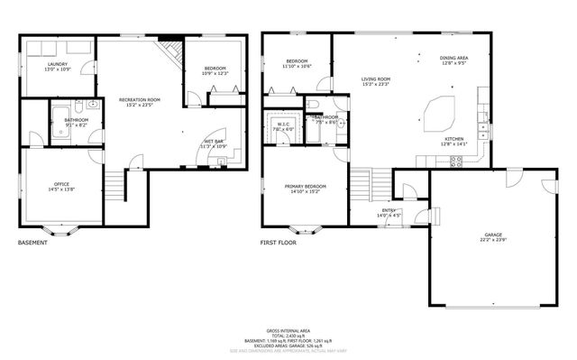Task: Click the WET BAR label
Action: [214, 143]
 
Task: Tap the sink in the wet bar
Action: [222, 160]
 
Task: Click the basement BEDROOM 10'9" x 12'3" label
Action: [215, 69]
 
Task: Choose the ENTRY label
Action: [389, 212]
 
